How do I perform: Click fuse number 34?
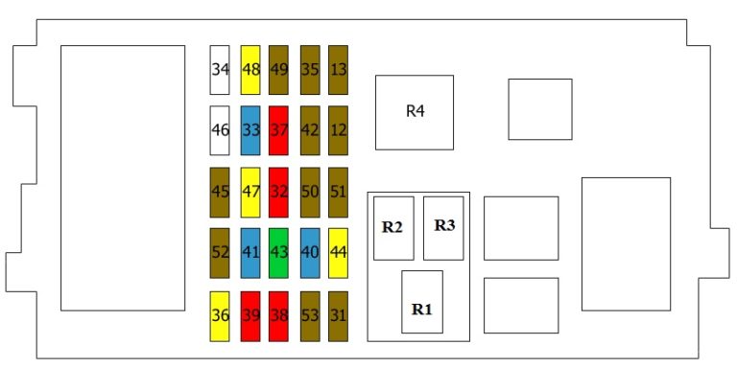(x=221, y=69)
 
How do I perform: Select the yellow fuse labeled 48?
(x=251, y=69)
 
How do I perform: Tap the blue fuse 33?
(x=251, y=130)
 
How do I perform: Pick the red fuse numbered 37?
(x=279, y=130)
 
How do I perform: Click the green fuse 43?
(x=279, y=253)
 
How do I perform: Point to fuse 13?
(x=338, y=69)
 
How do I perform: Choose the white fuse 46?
(x=221, y=130)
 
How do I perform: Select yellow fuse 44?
(x=338, y=253)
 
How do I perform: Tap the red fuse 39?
(x=251, y=315)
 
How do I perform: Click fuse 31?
(x=338, y=315)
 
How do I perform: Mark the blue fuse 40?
(x=310, y=253)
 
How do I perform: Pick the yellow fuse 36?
(x=221, y=315)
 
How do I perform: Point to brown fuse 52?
(x=221, y=253)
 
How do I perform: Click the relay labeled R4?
(x=414, y=112)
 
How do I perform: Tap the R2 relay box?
(x=392, y=228)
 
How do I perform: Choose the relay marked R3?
(x=443, y=228)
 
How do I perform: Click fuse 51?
(x=338, y=192)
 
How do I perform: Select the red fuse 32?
(x=279, y=192)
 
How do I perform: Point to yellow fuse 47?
(x=251, y=192)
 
